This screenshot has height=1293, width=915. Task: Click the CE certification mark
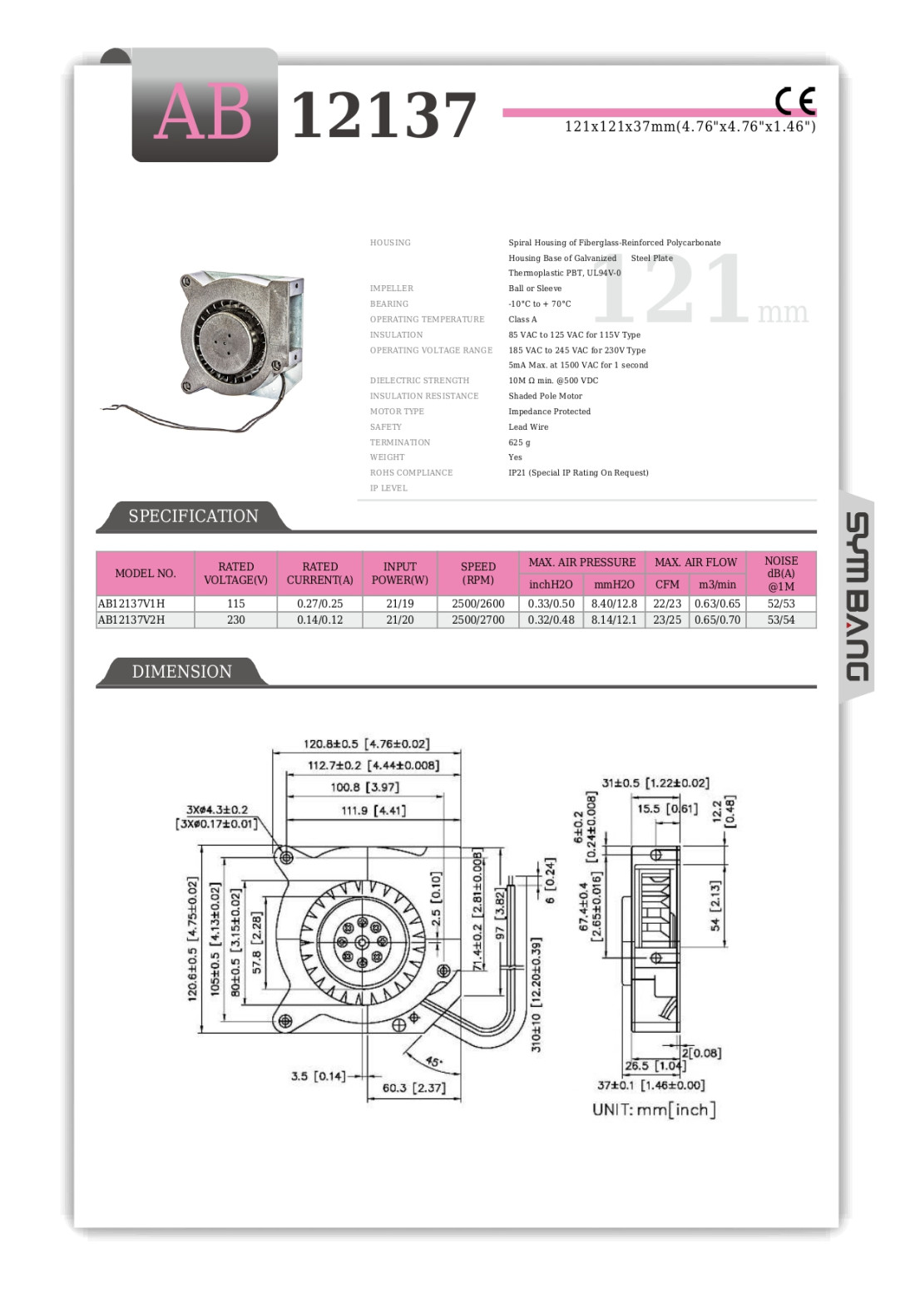pos(794,101)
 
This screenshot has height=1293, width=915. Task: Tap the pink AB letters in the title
pos(203,113)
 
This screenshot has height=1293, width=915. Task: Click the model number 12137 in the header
pos(383,115)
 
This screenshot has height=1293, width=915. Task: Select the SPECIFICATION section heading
pos(193,516)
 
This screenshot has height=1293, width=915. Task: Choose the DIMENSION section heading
pos(181,672)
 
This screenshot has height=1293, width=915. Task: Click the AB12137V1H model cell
pos(131,604)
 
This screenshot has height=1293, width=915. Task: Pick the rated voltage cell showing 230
pos(235,619)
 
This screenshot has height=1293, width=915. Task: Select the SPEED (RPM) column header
pos(477,573)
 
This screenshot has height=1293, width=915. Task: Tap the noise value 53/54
pos(780,619)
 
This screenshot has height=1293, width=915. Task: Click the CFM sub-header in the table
pos(666,585)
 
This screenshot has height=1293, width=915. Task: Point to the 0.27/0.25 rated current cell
pos(319,604)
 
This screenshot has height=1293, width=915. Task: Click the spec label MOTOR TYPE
pos(397,412)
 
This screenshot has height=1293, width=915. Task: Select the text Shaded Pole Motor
pos(545,396)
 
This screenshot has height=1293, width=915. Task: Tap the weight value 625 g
pos(519,442)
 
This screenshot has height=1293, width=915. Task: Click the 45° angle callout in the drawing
pos(433,1062)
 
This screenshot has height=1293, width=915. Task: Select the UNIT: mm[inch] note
pos(654,1110)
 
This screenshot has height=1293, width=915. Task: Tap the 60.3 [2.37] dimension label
pos(413,1088)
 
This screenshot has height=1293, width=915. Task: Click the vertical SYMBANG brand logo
pos(857,596)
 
